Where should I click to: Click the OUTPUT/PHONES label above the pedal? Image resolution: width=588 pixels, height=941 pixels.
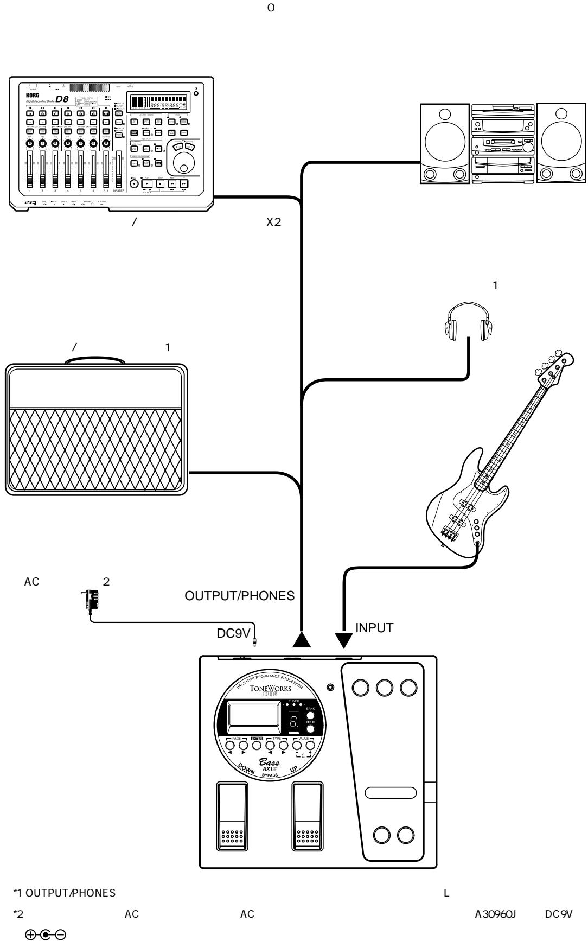(x=240, y=596)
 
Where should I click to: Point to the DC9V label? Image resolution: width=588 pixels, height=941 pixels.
(x=233, y=634)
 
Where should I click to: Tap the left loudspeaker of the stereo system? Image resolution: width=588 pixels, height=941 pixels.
(x=444, y=143)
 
